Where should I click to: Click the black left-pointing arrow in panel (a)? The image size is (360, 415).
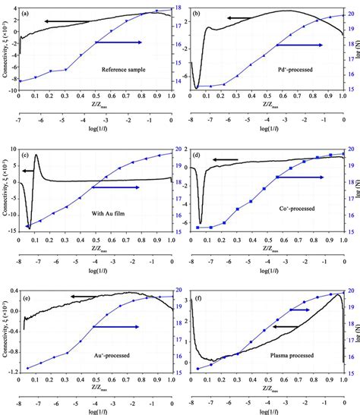click(x=65, y=20)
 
